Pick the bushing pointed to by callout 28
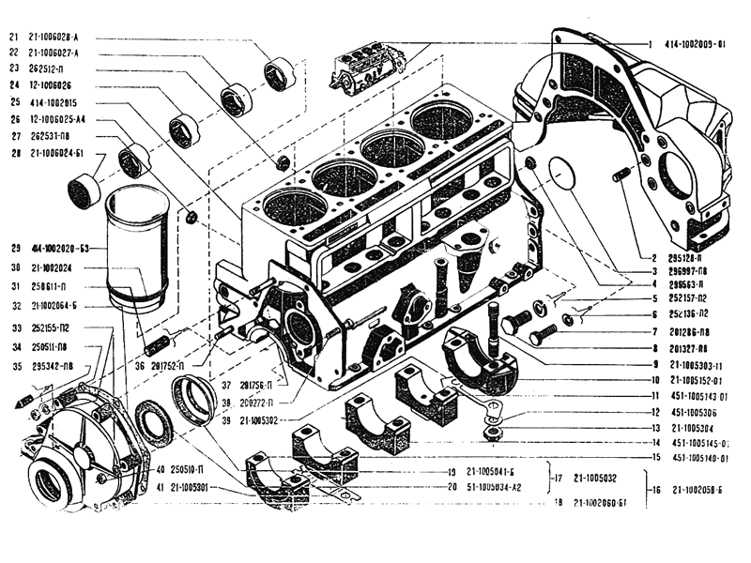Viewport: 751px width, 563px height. [x=84, y=190]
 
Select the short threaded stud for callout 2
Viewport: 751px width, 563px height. [x=621, y=175]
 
